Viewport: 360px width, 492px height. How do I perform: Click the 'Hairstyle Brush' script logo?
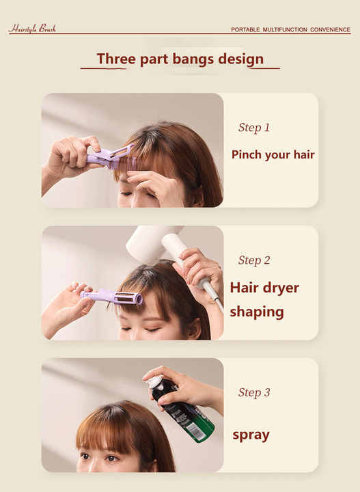click(x=32, y=29)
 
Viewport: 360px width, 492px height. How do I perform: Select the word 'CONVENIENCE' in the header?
click(x=330, y=29)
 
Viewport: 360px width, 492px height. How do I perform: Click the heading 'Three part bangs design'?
click(x=180, y=59)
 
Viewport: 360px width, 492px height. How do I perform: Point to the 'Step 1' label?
click(x=254, y=128)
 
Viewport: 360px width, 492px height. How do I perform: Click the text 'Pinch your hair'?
click(x=273, y=154)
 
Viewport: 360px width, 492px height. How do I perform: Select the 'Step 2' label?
click(x=254, y=260)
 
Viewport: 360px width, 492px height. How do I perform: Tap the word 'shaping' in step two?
click(x=257, y=312)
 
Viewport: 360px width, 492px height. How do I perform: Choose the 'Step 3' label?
click(x=254, y=393)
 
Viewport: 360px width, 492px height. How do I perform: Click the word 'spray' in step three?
click(x=251, y=435)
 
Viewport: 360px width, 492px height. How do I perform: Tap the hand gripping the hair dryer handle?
click(x=200, y=269)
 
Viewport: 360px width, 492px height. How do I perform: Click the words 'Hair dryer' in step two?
click(x=264, y=288)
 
